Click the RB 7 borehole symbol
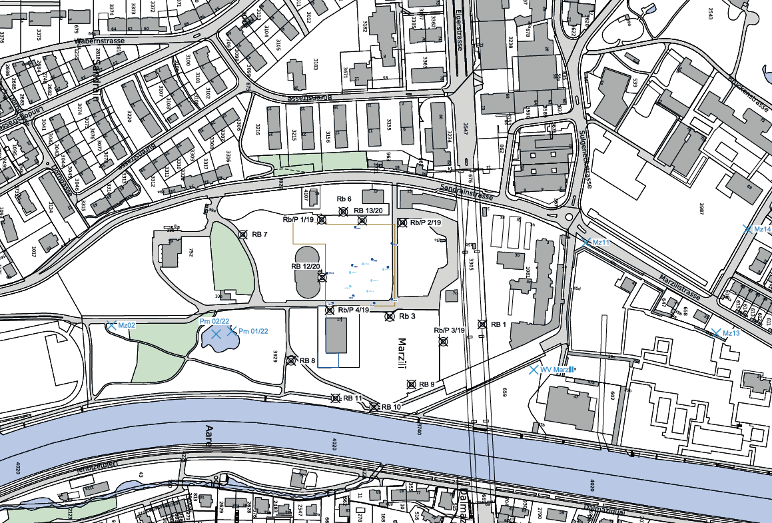pos(243,234)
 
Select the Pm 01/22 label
pos(253,331)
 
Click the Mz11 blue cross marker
pos(586,243)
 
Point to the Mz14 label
pos(761,230)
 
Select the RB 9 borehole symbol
pos(412,384)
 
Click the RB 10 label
pos(392,406)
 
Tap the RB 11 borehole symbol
pos(336,398)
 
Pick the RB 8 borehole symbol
pos(290,360)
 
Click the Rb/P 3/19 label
pos(450,330)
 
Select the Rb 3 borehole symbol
pos(390,316)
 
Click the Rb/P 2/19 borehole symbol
pos(402,223)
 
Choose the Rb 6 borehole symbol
pos(344,212)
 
